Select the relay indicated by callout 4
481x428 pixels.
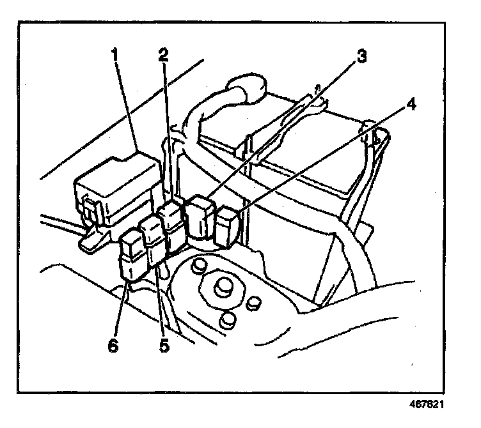[227, 227]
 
